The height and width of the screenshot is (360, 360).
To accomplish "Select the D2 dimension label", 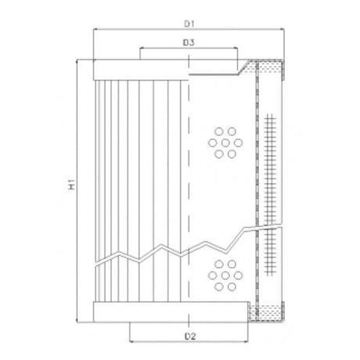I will click(x=188, y=337).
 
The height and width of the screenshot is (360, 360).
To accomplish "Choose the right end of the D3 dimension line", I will click(x=236, y=49).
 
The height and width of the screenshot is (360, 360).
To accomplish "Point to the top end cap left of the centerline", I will click(x=141, y=70).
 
